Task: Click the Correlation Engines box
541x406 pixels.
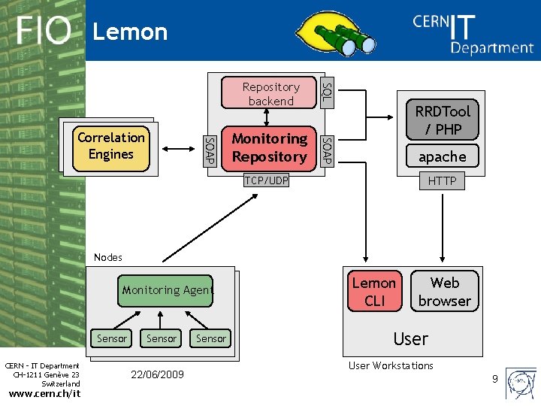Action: click(x=111, y=148)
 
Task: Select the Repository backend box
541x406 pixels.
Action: click(x=268, y=92)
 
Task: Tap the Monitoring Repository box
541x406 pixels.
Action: click(x=269, y=148)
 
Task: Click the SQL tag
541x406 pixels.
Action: click(x=327, y=92)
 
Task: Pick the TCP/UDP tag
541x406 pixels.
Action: click(x=266, y=180)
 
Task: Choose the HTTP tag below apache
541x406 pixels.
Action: click(x=442, y=180)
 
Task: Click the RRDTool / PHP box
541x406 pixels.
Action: click(x=443, y=120)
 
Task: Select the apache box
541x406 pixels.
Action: click(x=443, y=156)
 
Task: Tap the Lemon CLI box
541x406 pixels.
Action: click(x=375, y=291)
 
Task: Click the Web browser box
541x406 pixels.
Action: click(x=445, y=291)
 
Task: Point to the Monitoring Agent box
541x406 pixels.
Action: click(x=165, y=291)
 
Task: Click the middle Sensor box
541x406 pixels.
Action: click(x=161, y=338)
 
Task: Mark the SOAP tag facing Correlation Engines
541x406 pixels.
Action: click(x=210, y=151)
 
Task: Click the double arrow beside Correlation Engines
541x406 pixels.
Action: click(x=178, y=149)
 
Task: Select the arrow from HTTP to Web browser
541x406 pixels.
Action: click(x=443, y=228)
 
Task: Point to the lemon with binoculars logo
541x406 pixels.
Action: click(x=335, y=33)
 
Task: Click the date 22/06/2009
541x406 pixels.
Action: click(x=157, y=374)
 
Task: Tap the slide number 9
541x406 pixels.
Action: click(x=495, y=379)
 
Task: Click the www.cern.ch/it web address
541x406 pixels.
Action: click(x=44, y=393)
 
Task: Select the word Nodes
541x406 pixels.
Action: click(x=108, y=257)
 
